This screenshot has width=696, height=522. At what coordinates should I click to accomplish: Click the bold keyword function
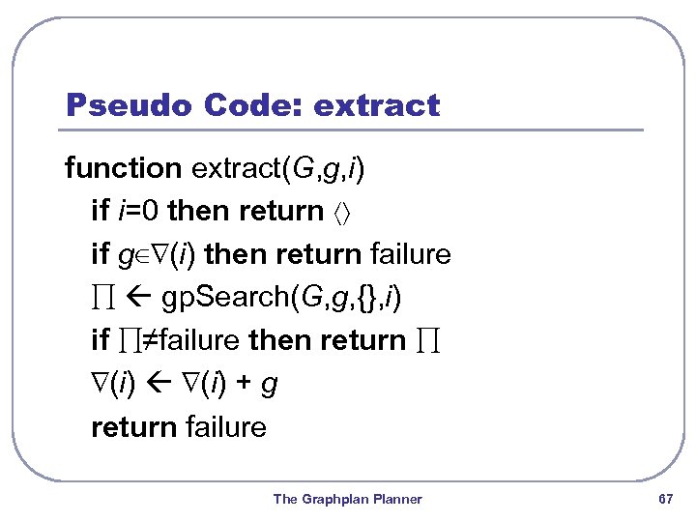click(x=123, y=168)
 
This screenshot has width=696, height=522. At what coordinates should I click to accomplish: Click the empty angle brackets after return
click(x=346, y=212)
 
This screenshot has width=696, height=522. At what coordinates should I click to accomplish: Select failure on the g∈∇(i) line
click(x=411, y=254)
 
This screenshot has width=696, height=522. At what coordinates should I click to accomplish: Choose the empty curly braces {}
click(x=366, y=298)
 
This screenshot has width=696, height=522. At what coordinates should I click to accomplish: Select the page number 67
click(x=664, y=499)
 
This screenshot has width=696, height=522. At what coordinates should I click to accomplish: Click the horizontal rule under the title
click(x=354, y=130)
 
